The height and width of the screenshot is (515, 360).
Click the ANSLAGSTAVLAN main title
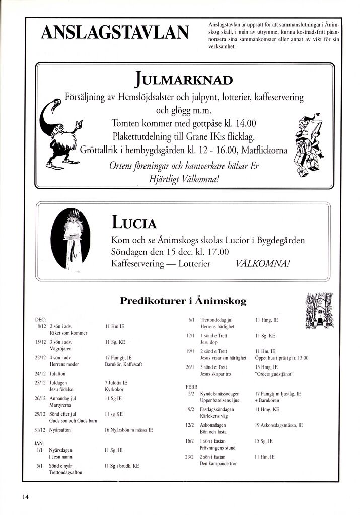(115, 33)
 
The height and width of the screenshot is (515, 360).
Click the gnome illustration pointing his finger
(61, 135)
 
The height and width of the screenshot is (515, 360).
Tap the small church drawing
(319, 311)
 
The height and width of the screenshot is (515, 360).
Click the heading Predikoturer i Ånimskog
(183, 301)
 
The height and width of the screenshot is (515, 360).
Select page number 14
(25, 497)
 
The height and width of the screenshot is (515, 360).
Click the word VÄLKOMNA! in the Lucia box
(262, 264)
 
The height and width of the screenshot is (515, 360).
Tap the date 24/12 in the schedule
(40, 374)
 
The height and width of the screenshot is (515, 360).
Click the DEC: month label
(40, 320)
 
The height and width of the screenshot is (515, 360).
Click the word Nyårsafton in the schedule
(60, 430)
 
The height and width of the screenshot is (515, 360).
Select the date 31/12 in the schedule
(40, 430)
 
